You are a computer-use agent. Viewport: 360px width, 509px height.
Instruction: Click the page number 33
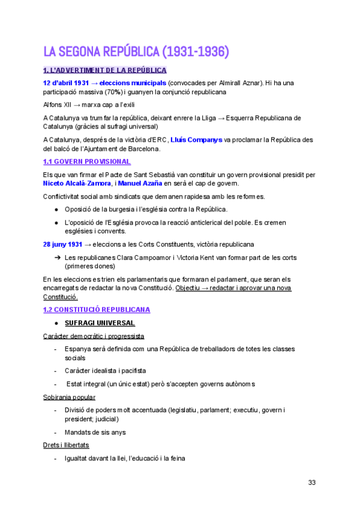(311, 482)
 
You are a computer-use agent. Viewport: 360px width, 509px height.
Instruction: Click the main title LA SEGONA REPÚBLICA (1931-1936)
(136, 52)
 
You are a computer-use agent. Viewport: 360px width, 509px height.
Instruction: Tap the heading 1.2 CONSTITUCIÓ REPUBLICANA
(97, 310)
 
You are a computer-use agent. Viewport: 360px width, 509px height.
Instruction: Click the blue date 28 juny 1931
(62, 244)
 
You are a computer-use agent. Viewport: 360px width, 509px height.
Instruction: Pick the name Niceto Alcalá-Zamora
(74, 183)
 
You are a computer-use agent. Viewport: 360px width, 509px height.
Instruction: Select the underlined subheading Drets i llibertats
(66, 445)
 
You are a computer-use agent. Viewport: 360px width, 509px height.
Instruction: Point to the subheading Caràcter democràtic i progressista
(94, 336)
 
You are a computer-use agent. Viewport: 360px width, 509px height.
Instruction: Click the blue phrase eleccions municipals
(133, 82)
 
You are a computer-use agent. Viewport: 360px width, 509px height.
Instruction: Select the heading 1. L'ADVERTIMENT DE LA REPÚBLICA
(105, 70)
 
